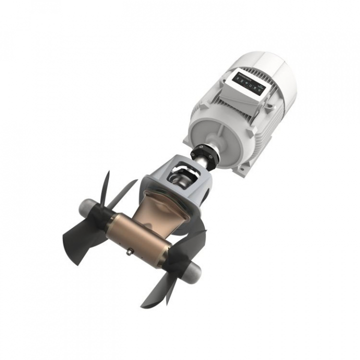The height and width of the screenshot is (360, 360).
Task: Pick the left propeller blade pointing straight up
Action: (105, 187)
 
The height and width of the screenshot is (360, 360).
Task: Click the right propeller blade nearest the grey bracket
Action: (192, 235)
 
